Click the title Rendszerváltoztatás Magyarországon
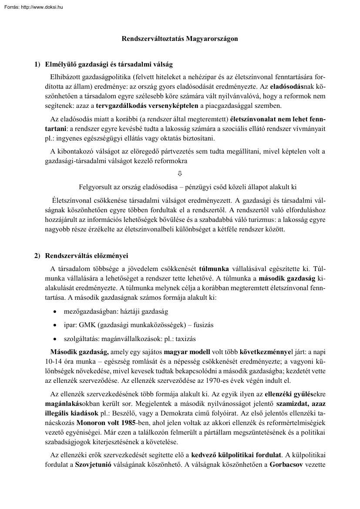[x=180, y=38]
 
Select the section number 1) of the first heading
[x=38, y=65]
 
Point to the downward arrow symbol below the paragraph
[x=180, y=174]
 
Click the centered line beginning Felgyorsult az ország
[x=188, y=188]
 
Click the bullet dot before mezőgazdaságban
[x=54, y=312]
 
